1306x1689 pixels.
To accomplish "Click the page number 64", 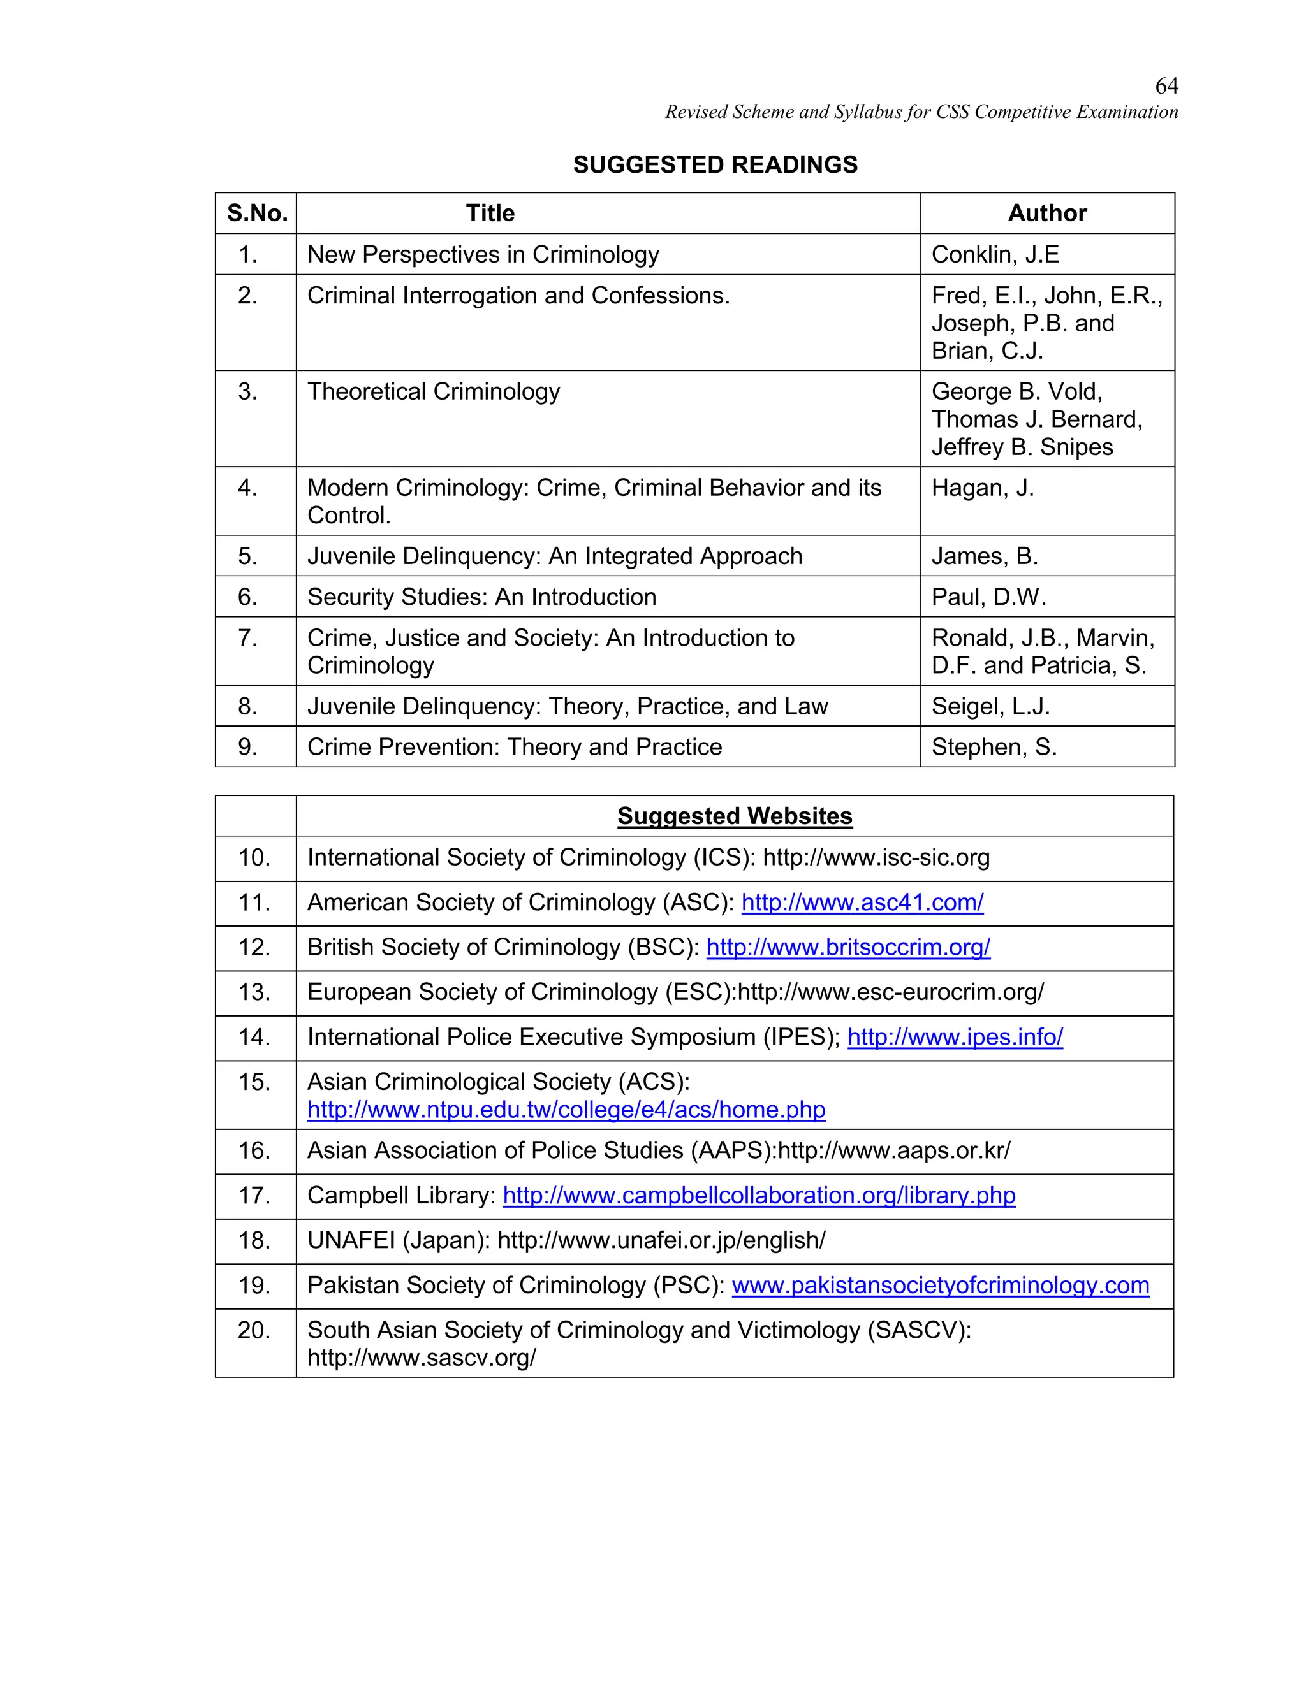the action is click(1166, 86).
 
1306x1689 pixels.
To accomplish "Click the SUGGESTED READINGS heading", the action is click(715, 164).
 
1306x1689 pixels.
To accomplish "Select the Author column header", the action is click(1047, 214).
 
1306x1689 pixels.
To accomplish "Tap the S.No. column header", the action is click(257, 214).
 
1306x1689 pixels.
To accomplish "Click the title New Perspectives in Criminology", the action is click(483, 254).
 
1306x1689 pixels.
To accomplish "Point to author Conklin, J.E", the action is click(995, 254).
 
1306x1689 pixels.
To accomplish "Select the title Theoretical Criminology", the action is click(433, 391).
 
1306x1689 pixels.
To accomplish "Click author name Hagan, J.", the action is click(982, 488).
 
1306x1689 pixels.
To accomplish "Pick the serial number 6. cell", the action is click(247, 597).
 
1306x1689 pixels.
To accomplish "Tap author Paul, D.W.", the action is click(988, 597).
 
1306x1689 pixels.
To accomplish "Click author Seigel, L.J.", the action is click(990, 706).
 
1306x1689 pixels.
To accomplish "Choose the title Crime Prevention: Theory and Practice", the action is click(515, 747).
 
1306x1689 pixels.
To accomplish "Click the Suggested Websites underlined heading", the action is click(734, 816).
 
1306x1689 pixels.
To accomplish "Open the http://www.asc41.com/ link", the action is click(862, 902).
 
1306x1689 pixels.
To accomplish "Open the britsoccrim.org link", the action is click(848, 947).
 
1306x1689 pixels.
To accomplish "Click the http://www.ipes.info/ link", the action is click(955, 1037).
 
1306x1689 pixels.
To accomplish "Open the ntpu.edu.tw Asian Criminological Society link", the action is click(566, 1110).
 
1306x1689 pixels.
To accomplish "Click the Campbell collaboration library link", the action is click(758, 1196).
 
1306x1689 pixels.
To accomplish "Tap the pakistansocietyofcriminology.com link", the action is click(940, 1286).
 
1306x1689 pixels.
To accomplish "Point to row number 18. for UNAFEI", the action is click(254, 1240).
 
